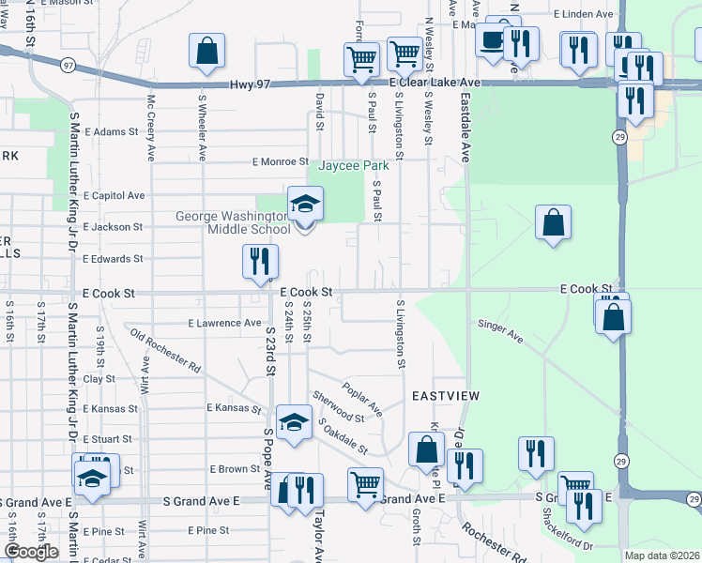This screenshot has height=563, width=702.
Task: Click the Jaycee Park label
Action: (355, 166)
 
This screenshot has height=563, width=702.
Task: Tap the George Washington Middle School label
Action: (234, 222)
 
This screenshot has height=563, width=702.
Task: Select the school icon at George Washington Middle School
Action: (305, 204)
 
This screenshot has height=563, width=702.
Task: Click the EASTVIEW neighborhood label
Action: (444, 397)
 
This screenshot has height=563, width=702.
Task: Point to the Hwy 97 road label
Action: (250, 84)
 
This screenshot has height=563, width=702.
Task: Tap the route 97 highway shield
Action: (67, 66)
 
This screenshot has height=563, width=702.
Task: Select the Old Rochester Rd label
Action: (165, 349)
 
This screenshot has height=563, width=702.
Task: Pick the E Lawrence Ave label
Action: (224, 323)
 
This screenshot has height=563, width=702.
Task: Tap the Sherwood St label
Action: (339, 406)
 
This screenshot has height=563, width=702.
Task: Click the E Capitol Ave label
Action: (114, 195)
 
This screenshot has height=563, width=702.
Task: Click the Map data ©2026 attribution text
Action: (663, 555)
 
